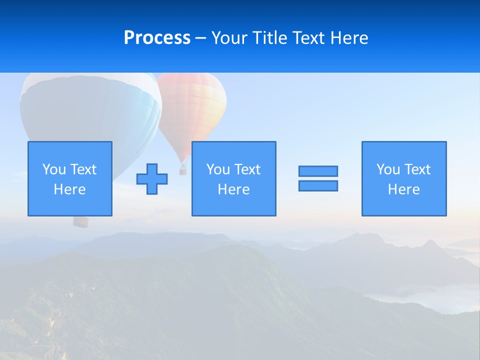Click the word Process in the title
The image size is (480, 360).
157,38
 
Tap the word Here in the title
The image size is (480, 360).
348,38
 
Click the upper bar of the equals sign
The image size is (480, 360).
318,171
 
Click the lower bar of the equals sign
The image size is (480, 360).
318,186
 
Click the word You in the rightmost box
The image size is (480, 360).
388,169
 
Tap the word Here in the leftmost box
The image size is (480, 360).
70,189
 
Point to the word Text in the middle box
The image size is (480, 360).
246,169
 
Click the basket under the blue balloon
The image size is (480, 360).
80,221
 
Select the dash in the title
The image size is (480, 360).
200,38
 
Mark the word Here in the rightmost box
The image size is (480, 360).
404,189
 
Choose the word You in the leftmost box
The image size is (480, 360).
54,169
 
